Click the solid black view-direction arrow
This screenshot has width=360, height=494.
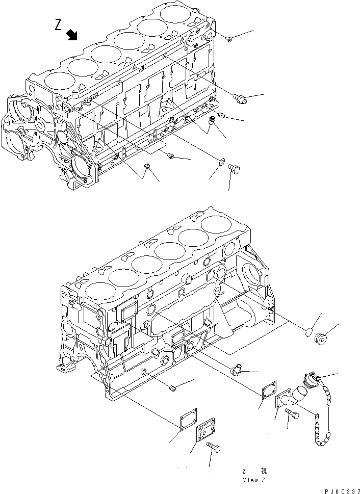point(72,34)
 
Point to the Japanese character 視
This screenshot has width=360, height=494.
point(264,471)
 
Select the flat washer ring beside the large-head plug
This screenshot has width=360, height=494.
point(221,162)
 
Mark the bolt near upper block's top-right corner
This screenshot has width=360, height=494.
point(229,38)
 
